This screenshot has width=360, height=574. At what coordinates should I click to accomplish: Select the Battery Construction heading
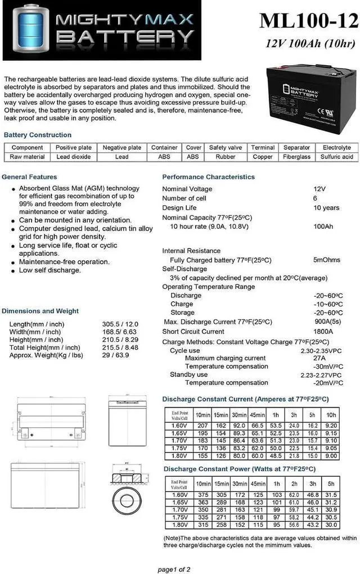[38, 135]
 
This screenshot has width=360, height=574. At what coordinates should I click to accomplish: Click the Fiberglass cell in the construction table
[296, 157]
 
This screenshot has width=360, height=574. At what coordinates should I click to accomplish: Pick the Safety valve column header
[226, 148]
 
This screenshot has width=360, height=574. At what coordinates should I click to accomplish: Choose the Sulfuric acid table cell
[336, 157]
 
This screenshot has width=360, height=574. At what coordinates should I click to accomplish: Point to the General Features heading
[29, 177]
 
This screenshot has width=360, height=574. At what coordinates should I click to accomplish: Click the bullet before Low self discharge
[13, 270]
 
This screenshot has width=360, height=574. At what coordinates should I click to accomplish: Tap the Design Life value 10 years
[326, 207]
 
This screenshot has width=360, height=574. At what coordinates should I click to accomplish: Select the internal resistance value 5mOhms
[327, 260]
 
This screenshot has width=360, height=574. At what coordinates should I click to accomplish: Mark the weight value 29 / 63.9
[116, 355]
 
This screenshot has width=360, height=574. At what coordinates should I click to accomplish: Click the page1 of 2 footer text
[174, 569]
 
